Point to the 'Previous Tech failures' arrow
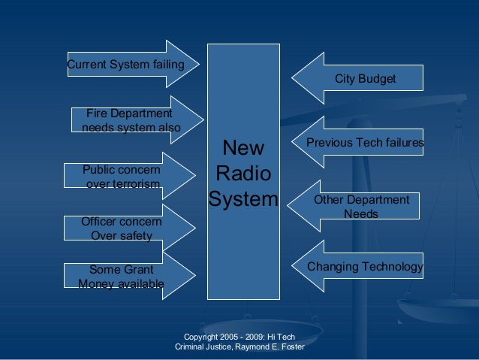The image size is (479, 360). click(360, 142)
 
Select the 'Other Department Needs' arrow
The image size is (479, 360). click(357, 207)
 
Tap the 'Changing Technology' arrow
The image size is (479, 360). click(360, 267)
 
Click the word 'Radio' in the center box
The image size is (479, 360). click(243, 174)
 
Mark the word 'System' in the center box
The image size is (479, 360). click(243, 201)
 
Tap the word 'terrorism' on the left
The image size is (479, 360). click(135, 184)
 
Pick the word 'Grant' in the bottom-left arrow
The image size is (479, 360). click(137, 269)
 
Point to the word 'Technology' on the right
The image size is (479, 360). click(392, 267)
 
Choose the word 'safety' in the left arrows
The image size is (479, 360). click(135, 236)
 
